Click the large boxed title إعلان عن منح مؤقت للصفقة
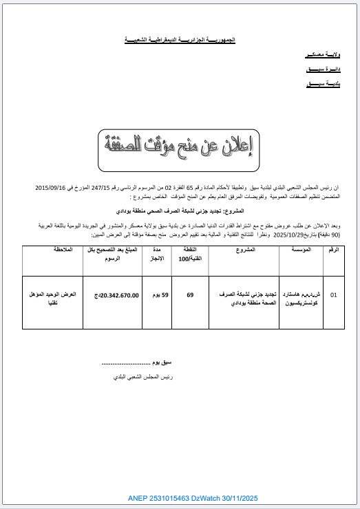(x=180, y=146)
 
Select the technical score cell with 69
(x=190, y=295)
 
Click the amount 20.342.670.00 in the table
(x=112, y=295)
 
